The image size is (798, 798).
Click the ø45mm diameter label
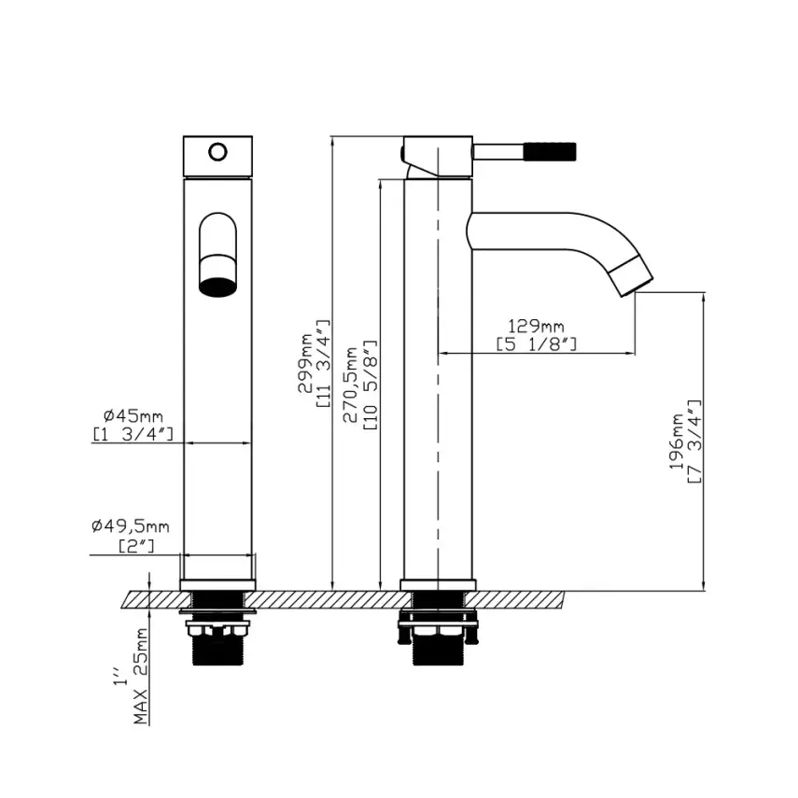tap(133, 414)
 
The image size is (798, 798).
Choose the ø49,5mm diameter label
tap(131, 527)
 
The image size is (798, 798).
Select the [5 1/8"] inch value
tap(536, 344)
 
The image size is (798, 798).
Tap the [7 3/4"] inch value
tap(694, 441)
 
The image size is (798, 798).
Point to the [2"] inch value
tap(136, 546)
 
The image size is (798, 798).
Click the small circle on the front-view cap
tap(217, 150)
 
